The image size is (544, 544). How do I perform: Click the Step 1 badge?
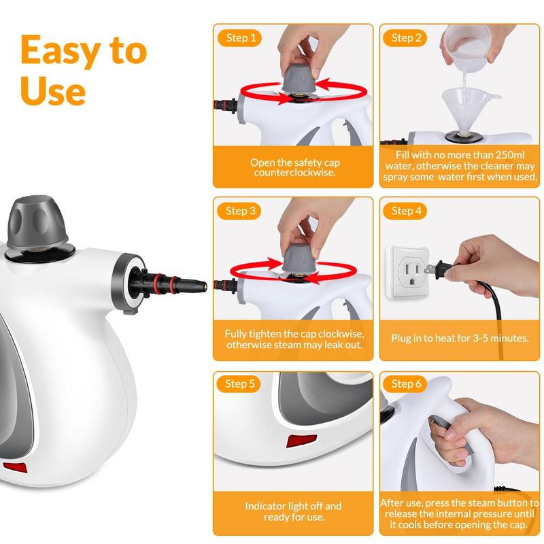pyautogui.click(x=239, y=38)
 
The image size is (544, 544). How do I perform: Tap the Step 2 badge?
pyautogui.click(x=405, y=38)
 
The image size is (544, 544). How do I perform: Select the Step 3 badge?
pyautogui.click(x=239, y=211)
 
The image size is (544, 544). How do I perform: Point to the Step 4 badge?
pyautogui.click(x=405, y=211)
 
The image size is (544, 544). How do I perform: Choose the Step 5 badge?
pyautogui.click(x=239, y=384)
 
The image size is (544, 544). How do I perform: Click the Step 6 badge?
pyautogui.click(x=405, y=384)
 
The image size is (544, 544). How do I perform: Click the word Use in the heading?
pyautogui.click(x=53, y=91)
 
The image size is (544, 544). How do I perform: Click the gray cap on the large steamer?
pyautogui.click(x=37, y=222)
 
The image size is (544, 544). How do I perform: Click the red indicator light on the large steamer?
pyautogui.click(x=15, y=468)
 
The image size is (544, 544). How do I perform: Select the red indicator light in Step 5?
pyautogui.click(x=301, y=441)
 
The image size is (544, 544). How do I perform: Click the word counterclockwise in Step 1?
pyautogui.click(x=294, y=173)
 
